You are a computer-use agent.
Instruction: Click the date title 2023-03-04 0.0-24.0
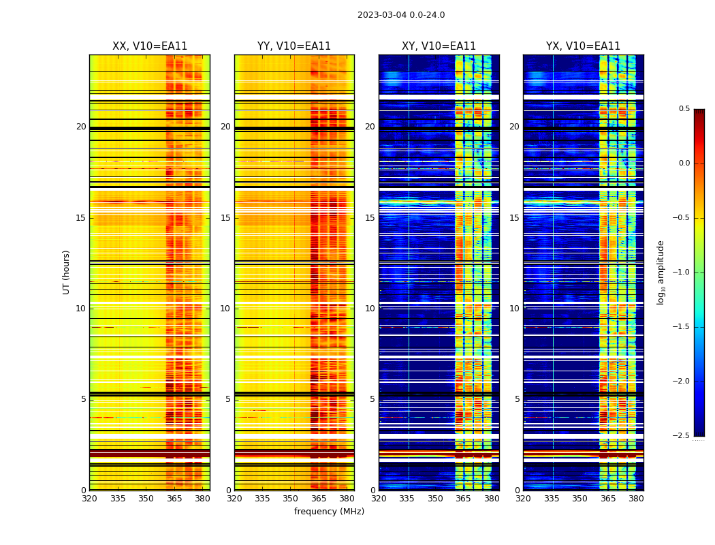[x=401, y=15]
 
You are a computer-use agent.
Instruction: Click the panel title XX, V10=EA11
[x=150, y=46]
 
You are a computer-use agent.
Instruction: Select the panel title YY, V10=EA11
[x=294, y=46]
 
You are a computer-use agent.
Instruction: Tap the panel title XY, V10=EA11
[x=439, y=46]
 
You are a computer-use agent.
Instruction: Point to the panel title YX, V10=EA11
[x=583, y=46]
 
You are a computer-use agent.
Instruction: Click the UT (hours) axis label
[x=67, y=272]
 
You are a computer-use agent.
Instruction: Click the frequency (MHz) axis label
[x=329, y=512]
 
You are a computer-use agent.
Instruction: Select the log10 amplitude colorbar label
[x=661, y=272]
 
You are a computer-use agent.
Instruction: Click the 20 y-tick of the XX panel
[x=81, y=127]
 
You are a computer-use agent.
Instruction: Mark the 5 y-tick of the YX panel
[x=517, y=399]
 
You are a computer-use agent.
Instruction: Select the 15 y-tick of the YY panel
[x=225, y=218]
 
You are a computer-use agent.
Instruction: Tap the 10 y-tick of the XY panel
[x=370, y=309]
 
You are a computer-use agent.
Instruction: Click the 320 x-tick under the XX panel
[x=89, y=499]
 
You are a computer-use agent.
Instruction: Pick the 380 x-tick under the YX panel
[x=636, y=499]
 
